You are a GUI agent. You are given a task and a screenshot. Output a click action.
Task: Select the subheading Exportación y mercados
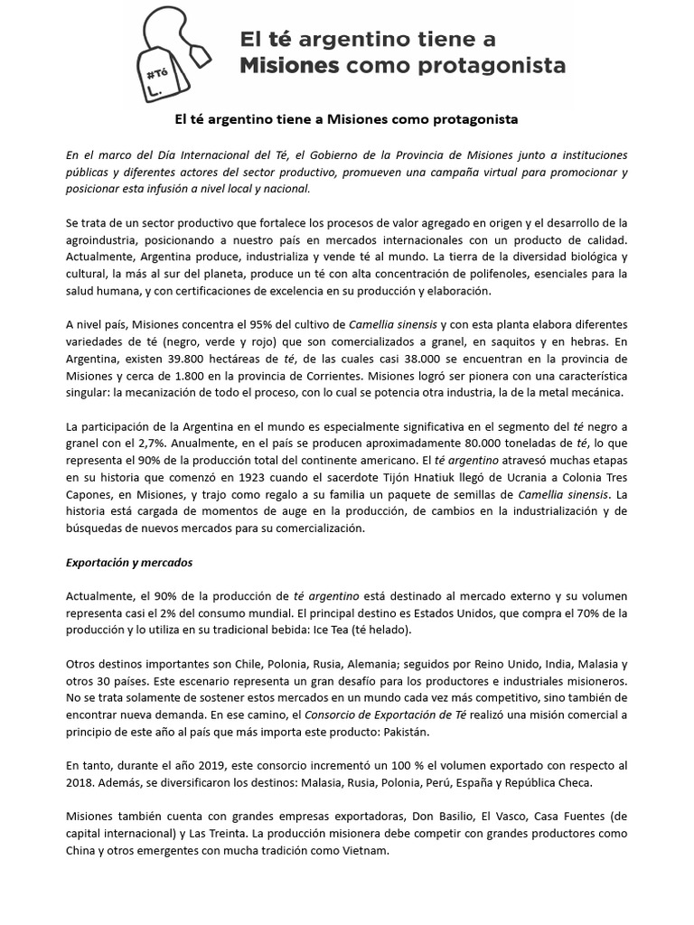[x=128, y=562]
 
